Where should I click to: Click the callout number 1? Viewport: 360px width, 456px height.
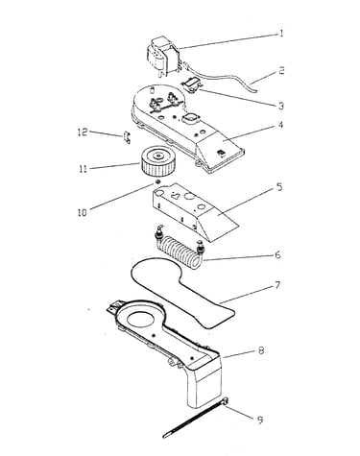[281, 34]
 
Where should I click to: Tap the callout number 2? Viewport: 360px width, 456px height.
[281, 70]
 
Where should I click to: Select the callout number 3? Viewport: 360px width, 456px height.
[281, 106]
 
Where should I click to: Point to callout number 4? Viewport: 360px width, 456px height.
[280, 125]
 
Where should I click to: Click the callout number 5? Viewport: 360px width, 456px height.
[279, 187]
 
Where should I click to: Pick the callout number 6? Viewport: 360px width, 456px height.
[277, 255]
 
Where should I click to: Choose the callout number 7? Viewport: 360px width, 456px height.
[277, 285]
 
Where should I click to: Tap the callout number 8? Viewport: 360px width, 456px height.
[261, 350]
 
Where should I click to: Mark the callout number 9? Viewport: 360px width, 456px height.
[260, 420]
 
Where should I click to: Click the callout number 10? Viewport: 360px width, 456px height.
[83, 213]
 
